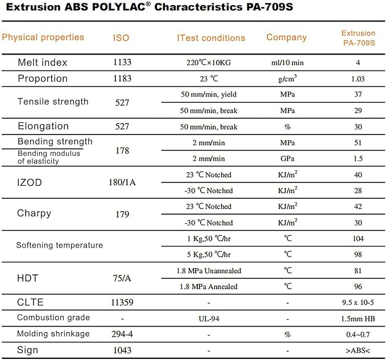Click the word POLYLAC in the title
119,7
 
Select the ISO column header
121,38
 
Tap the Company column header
287,37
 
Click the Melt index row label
42,62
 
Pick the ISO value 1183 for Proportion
122,78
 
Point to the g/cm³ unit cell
288,78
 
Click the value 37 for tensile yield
358,94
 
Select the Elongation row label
43,126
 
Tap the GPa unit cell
288,158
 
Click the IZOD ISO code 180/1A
122,182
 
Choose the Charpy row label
34,213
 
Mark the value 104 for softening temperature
358,238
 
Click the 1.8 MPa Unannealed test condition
209,271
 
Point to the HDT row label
27,278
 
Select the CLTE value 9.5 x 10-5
358,302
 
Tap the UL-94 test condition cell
209,319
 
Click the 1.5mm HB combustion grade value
358,319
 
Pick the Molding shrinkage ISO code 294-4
122,334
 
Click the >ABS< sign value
358,350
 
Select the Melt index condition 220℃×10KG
209,62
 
